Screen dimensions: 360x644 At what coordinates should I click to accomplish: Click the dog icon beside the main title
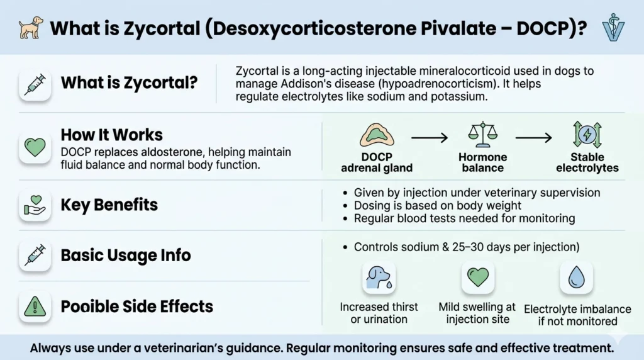tap(30, 28)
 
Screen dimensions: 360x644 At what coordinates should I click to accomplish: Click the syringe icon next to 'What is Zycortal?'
tap(35, 85)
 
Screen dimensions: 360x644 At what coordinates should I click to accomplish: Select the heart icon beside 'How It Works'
tap(35, 147)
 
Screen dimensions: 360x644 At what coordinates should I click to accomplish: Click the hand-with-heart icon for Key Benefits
tap(35, 206)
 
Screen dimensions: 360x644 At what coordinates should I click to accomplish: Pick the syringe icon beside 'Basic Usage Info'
tap(35, 255)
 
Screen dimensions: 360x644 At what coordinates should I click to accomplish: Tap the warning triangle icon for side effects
tap(35, 307)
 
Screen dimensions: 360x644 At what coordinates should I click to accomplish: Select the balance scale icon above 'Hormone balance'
tap(482, 133)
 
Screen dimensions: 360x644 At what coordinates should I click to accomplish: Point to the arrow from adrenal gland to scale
tap(429, 137)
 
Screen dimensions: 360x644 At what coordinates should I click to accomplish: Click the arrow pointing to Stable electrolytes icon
tap(534, 137)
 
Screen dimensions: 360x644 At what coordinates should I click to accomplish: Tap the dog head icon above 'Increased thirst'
tap(379, 278)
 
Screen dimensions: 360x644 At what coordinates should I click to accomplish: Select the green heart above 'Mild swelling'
tap(477, 278)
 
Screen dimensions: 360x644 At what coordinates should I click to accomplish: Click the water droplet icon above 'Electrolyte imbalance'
tap(576, 278)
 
